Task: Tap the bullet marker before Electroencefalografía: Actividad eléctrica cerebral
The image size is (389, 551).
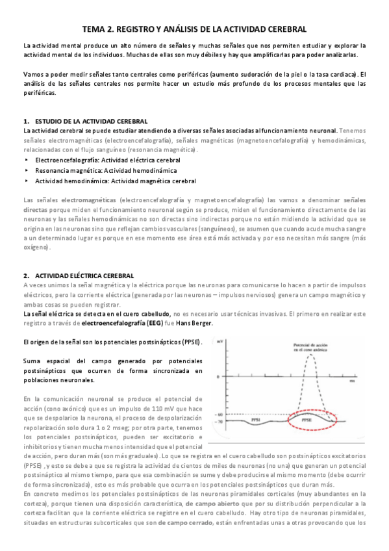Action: click(27, 159)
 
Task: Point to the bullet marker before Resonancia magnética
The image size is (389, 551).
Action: click(27, 170)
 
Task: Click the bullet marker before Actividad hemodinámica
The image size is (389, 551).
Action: click(27, 181)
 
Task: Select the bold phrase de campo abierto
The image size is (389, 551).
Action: click(212, 504)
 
